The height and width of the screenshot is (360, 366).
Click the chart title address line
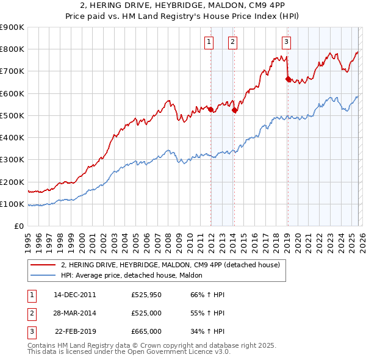pos(182,6)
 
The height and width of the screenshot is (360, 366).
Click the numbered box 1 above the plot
pos(209,41)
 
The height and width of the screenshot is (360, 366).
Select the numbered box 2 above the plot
pos(233,41)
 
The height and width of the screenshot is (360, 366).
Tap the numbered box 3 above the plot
pos(286,41)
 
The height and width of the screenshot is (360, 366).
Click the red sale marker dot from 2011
pos(211,110)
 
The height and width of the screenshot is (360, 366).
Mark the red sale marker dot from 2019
pos(288,79)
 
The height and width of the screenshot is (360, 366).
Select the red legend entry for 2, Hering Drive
pos(170,265)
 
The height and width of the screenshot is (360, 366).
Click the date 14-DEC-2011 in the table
pos(75,295)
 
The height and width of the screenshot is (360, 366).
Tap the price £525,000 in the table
pos(146,313)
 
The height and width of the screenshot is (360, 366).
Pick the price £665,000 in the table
pos(146,331)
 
